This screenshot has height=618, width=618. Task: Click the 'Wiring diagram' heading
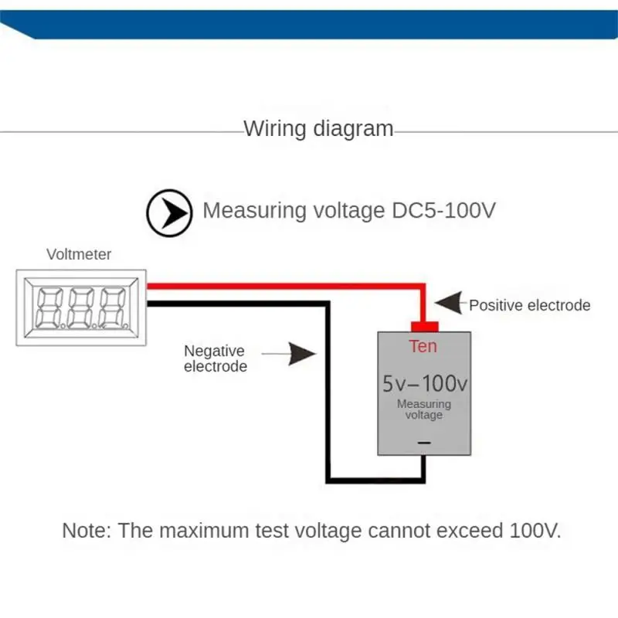[318, 128]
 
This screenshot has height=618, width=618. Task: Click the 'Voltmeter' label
[79, 254]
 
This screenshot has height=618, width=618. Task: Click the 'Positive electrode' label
[529, 305]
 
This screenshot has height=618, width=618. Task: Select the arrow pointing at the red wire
[450, 304]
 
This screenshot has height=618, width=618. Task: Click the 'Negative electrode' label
[215, 358]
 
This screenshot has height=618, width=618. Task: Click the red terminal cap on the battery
[423, 326]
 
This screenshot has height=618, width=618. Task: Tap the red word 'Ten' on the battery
[423, 346]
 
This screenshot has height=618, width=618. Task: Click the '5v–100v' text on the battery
[423, 383]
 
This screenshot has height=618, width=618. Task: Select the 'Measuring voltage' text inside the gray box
[423, 409]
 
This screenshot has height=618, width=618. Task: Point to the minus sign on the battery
[423, 442]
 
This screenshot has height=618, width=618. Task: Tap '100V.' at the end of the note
[535, 531]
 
